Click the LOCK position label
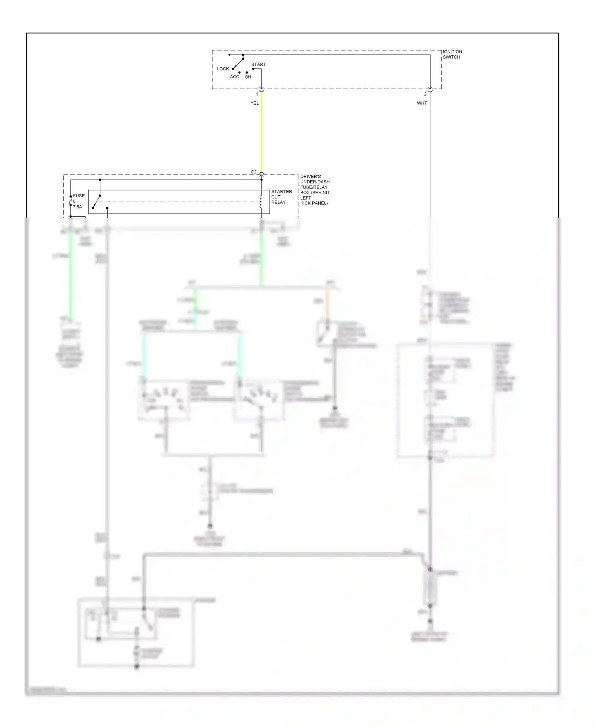pos(223,69)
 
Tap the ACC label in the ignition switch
pos(234,77)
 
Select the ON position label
pos(248,77)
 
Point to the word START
pos(258,64)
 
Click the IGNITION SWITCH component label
pos(452,54)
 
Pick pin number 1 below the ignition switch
pos(257,94)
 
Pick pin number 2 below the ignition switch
pos(425,94)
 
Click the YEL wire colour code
pos(254,103)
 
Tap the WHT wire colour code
pos(422,103)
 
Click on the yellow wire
pos(261,135)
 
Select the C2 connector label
pos(253,172)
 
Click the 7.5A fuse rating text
pos(77,207)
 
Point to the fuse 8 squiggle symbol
pos(71,202)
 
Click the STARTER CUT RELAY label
pos(281,197)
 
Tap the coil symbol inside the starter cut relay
pos(261,202)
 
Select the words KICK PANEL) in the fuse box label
pos(314,203)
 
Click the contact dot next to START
pos(253,69)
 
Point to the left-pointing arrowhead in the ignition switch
pos(229,55)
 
